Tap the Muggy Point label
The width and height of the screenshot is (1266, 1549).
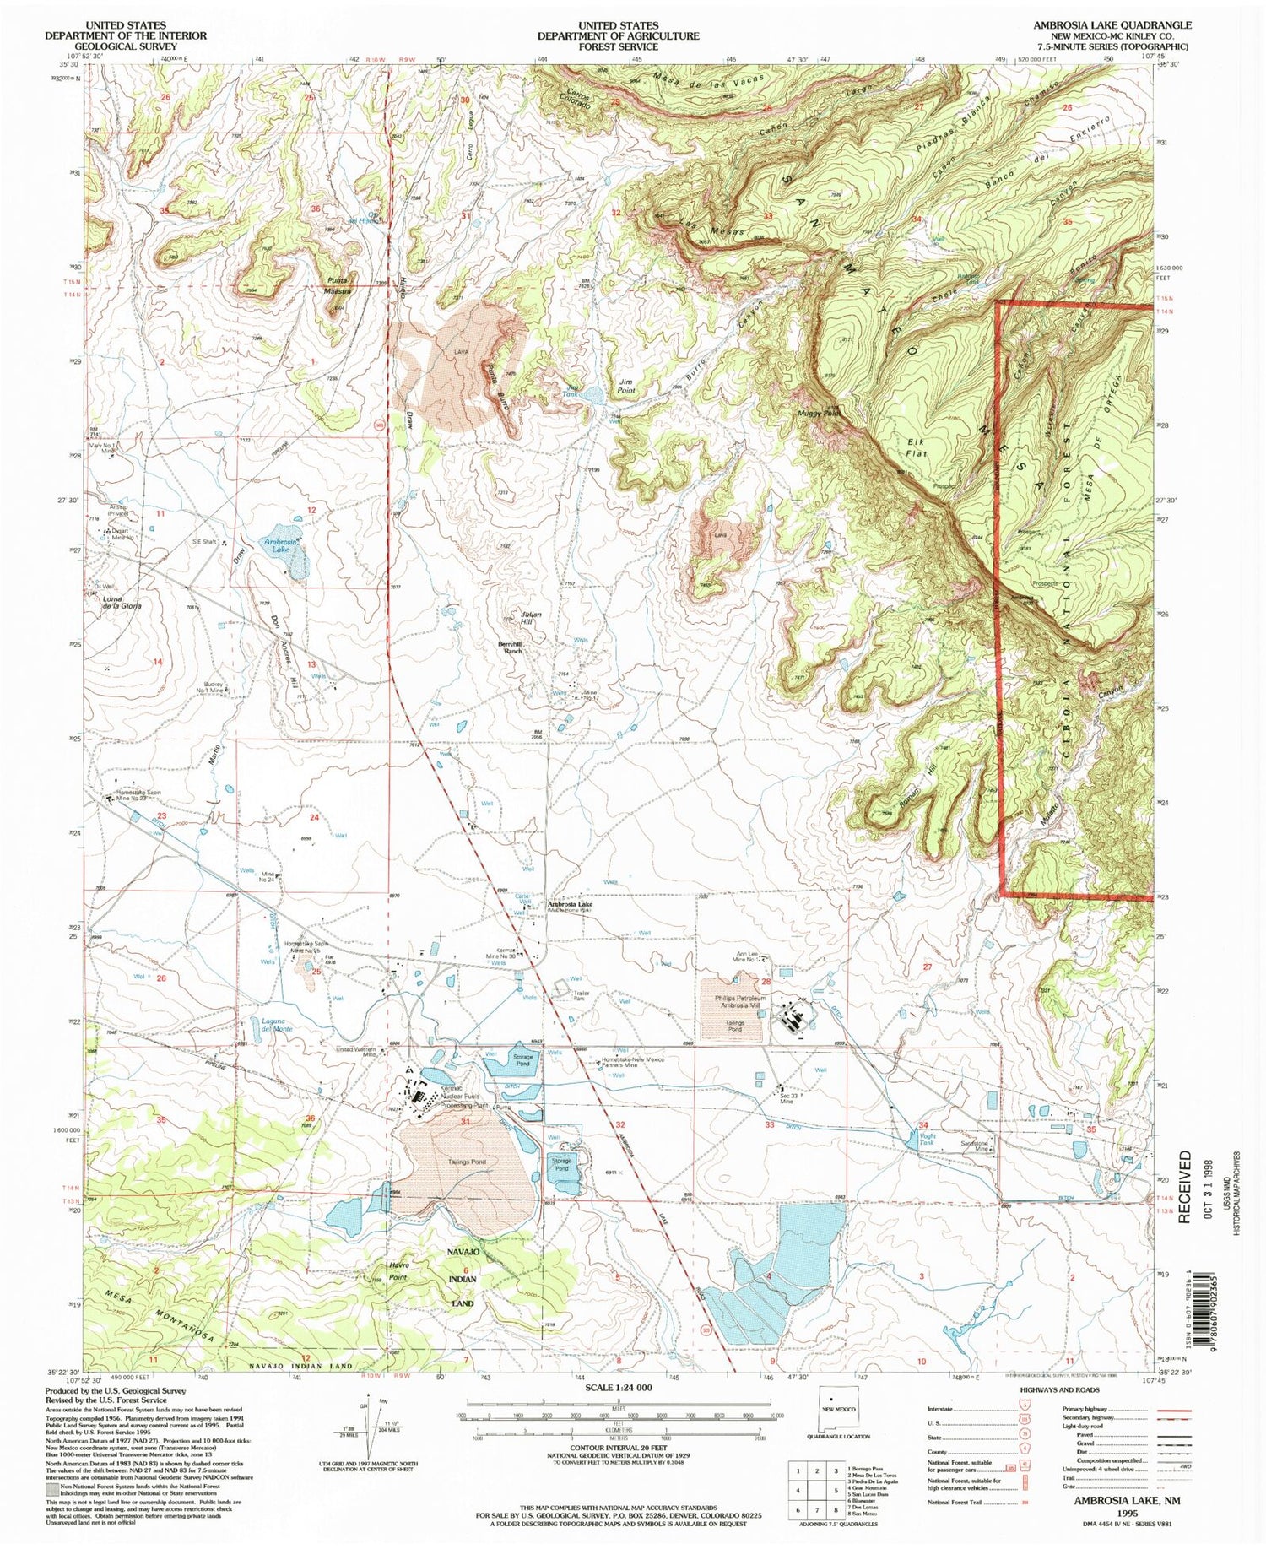[x=818, y=414]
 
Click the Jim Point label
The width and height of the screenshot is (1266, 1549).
[x=626, y=387]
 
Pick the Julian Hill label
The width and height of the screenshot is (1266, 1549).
[x=531, y=617]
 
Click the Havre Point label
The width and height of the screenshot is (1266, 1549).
[x=399, y=1271]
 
